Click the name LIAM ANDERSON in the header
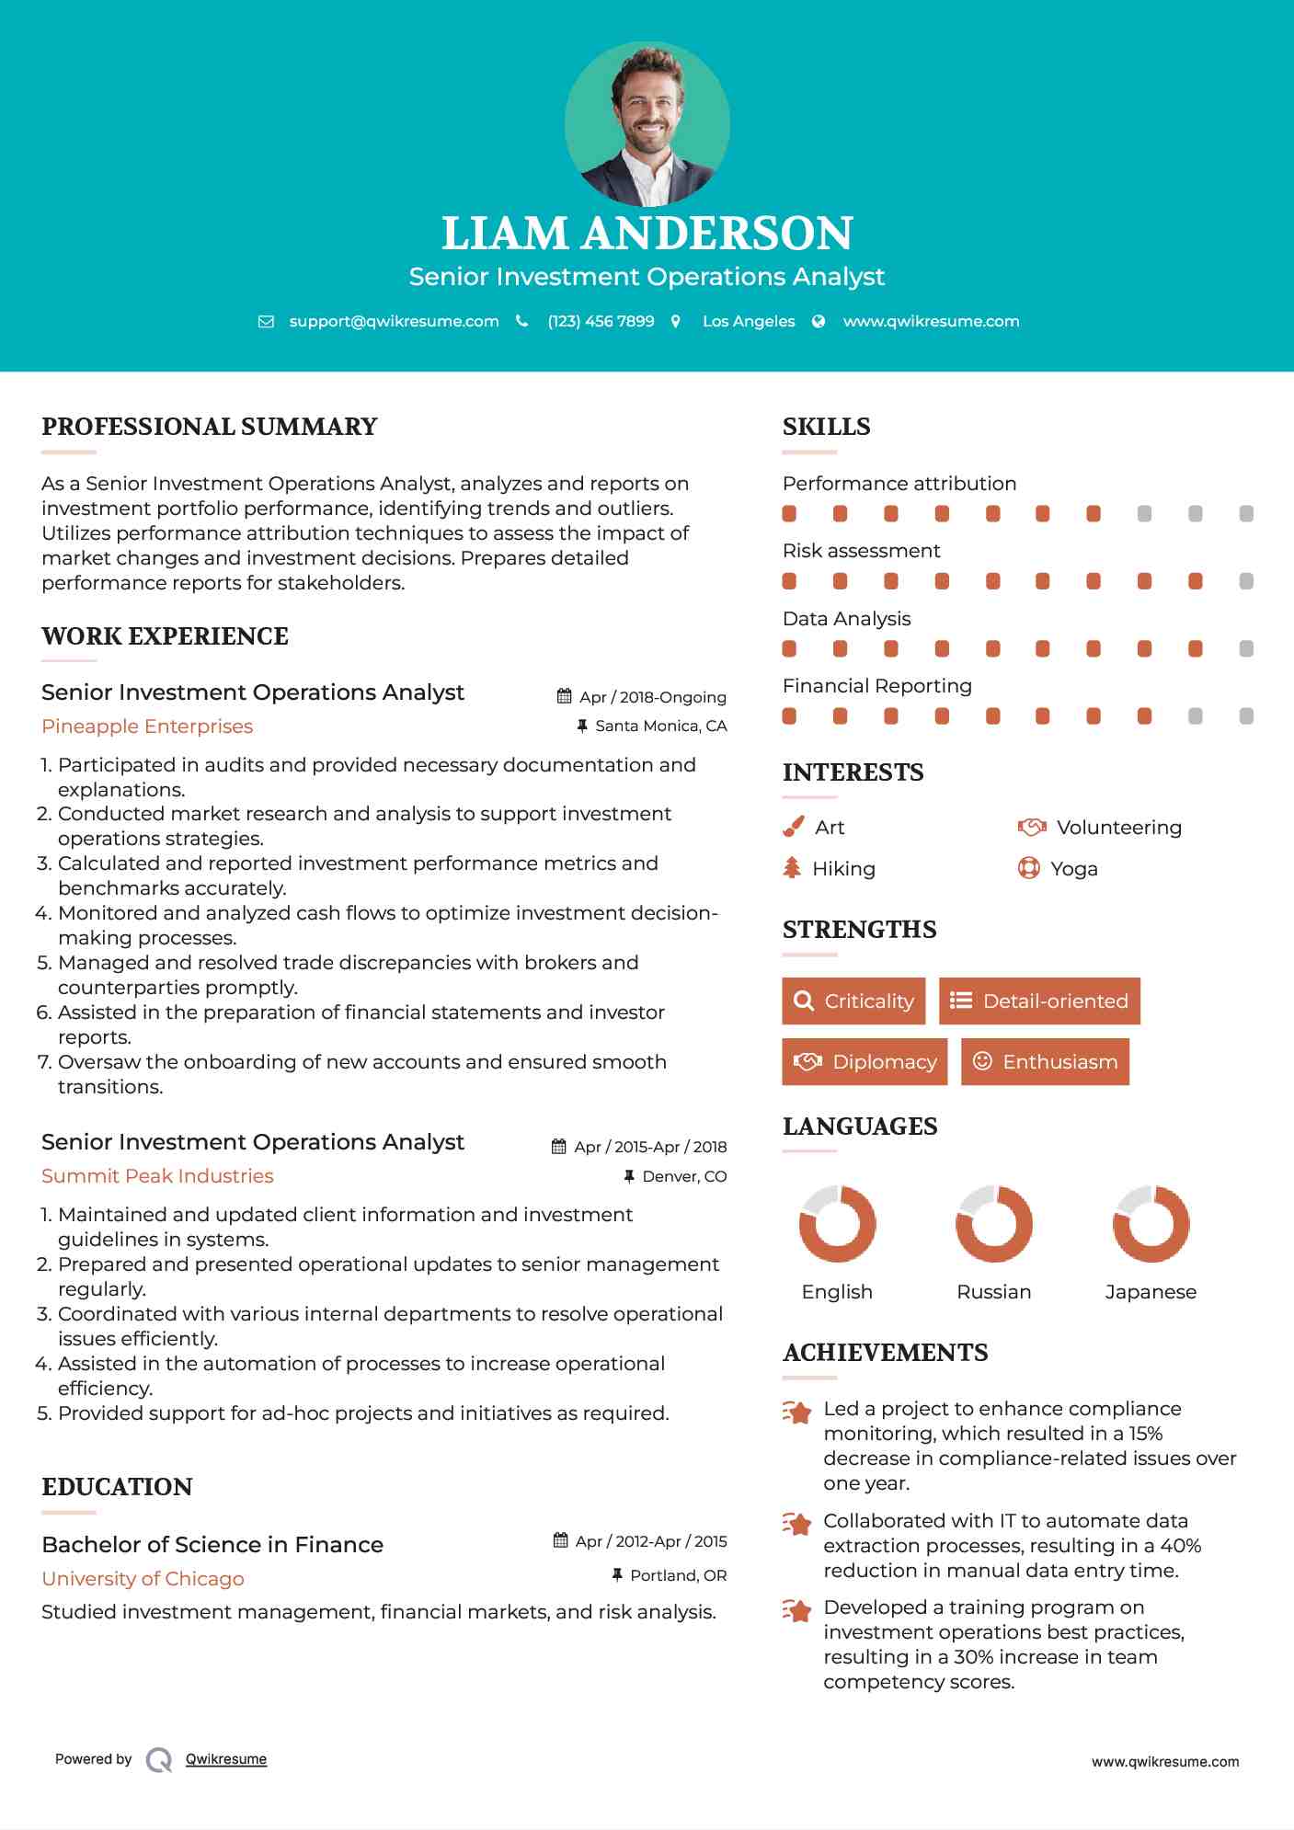[x=647, y=234]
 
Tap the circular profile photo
[x=647, y=123]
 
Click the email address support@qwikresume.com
[x=394, y=321]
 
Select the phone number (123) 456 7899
[x=601, y=321]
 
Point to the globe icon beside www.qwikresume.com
[x=819, y=321]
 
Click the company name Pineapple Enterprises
[x=147, y=726]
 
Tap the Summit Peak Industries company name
[x=157, y=1176]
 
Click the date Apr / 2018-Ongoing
[x=652, y=697]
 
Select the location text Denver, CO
[x=683, y=1176]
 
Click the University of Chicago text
[x=143, y=1579]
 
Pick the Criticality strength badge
[x=853, y=1001]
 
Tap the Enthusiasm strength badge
[x=1045, y=1061]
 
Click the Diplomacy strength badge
[x=865, y=1061]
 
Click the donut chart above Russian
[x=994, y=1224]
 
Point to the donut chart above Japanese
[x=1151, y=1224]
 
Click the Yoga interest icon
[x=1028, y=868]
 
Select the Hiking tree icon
[x=792, y=867]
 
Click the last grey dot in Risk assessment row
[x=1246, y=581]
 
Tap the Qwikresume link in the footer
[x=226, y=1759]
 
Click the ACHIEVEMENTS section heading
[x=885, y=1353]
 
